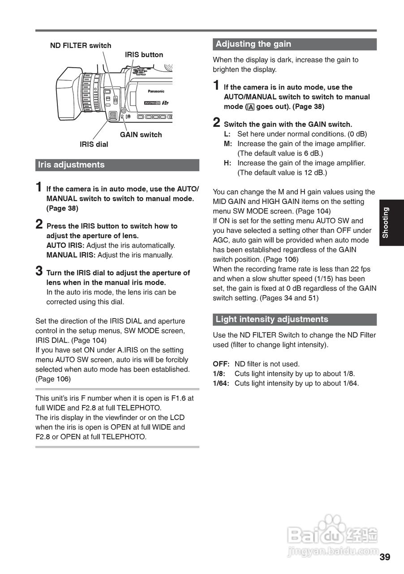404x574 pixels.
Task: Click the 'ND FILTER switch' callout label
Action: click(x=81, y=45)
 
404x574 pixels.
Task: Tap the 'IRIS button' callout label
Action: click(x=144, y=55)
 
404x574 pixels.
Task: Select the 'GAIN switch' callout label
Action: click(x=141, y=135)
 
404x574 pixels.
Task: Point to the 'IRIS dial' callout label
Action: click(x=94, y=144)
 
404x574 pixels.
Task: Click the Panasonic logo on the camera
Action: click(x=156, y=91)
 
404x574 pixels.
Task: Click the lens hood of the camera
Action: click(x=68, y=94)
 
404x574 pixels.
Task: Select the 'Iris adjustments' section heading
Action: click(x=72, y=165)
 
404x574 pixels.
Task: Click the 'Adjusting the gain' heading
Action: click(x=254, y=44)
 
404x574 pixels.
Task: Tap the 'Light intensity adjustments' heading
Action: click(x=272, y=319)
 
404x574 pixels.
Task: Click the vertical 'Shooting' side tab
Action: click(x=386, y=222)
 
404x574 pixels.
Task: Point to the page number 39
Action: click(x=385, y=557)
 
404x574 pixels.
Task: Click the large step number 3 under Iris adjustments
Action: click(x=39, y=271)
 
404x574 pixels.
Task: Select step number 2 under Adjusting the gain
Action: click(x=216, y=122)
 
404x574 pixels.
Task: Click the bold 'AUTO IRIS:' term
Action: click(x=65, y=245)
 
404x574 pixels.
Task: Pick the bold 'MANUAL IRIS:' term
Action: click(x=71, y=255)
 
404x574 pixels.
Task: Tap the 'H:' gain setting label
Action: click(x=228, y=163)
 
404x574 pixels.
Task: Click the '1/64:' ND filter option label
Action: click(x=221, y=383)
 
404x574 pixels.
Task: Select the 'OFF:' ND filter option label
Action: click(x=221, y=364)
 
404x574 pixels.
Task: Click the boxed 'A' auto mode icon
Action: click(x=251, y=107)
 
